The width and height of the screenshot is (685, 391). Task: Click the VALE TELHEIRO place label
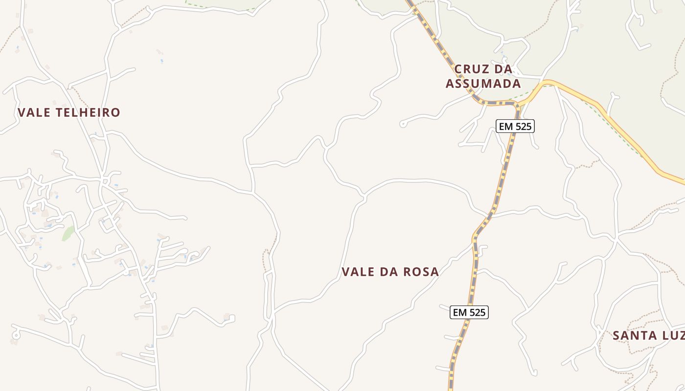point(68,112)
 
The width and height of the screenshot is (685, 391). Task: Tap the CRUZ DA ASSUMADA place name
point(483,76)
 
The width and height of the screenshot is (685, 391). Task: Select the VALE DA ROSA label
point(390,272)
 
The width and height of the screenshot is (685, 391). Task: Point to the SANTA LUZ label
point(648,336)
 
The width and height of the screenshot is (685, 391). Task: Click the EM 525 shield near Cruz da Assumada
point(515,126)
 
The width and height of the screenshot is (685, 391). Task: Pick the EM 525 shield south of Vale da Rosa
point(469,312)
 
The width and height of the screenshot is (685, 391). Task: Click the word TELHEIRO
point(88,112)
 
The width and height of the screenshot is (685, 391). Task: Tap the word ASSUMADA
point(483,84)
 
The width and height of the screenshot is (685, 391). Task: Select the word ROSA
point(421,272)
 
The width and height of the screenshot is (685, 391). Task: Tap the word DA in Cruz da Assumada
point(504,69)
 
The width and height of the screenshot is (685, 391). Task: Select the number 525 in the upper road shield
point(522,126)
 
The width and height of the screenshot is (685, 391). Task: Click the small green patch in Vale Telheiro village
point(68,233)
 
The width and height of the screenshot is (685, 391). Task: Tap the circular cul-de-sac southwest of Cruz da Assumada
point(403,124)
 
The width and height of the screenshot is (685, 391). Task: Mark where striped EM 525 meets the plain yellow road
point(520,104)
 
